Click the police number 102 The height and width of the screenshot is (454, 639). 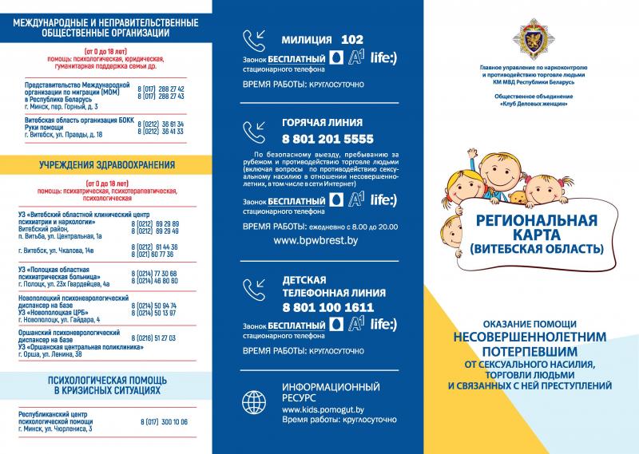(x=351, y=39)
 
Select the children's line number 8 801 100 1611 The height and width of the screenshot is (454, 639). (x=327, y=306)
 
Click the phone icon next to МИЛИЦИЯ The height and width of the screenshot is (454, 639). (x=255, y=41)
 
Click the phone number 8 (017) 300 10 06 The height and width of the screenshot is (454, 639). (x=163, y=421)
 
